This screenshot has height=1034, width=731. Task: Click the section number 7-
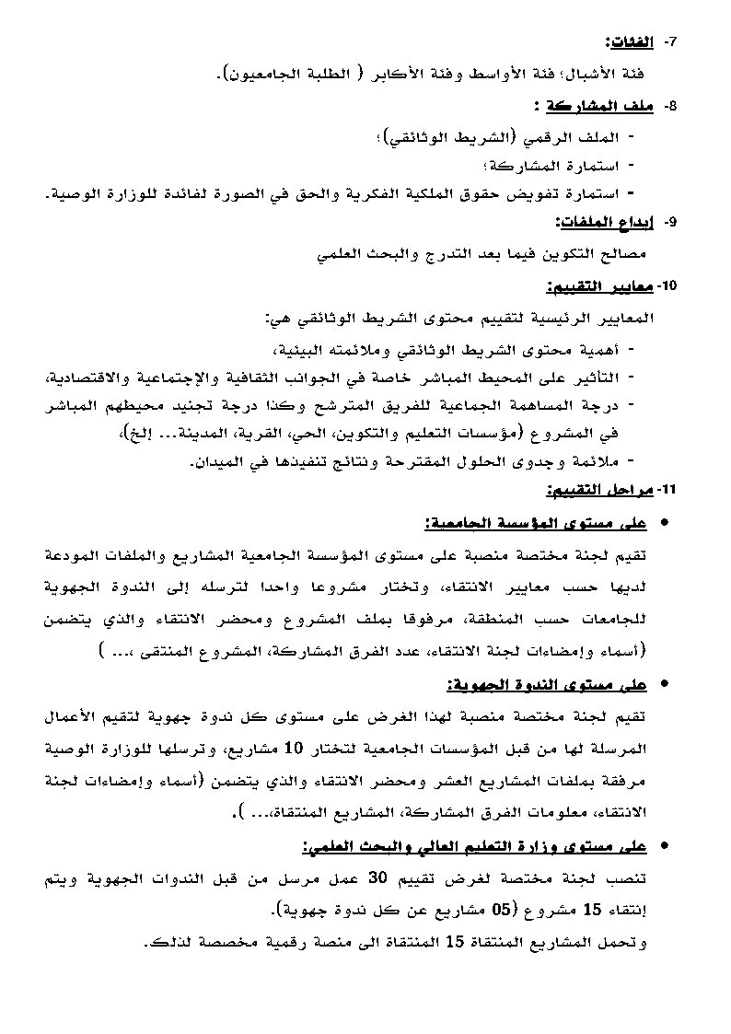[x=670, y=42]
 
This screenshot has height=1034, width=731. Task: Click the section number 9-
[x=670, y=222]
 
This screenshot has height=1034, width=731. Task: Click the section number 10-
[x=667, y=286]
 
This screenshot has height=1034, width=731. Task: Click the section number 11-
[x=667, y=490]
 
